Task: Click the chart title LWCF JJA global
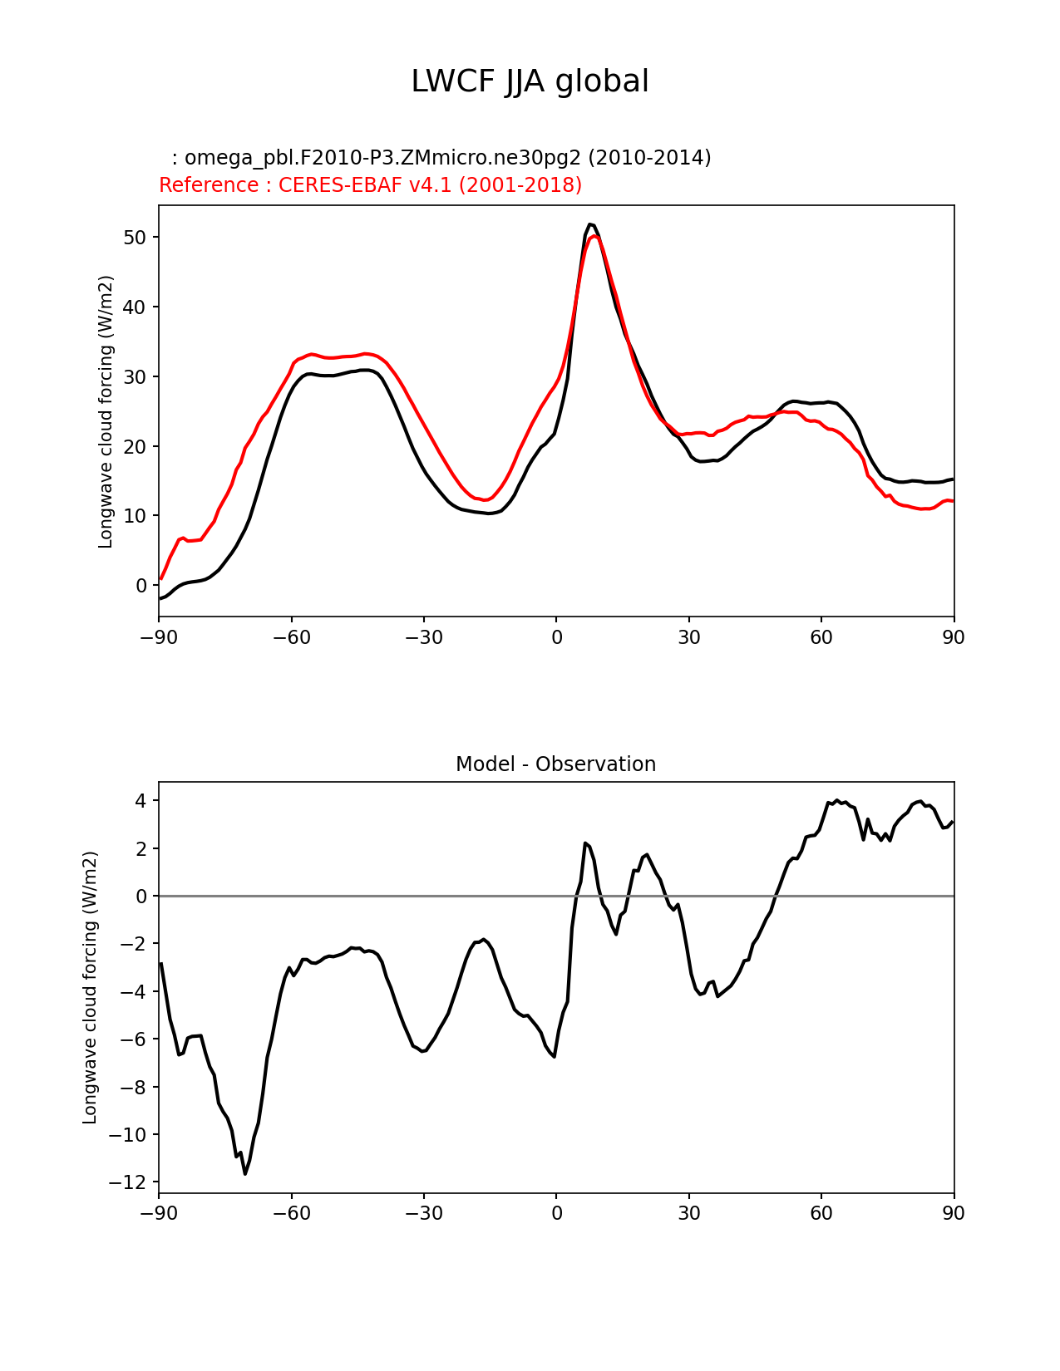[530, 81]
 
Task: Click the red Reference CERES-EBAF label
[370, 185]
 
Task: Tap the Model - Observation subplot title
[555, 764]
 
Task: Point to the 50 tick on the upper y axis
[136, 238]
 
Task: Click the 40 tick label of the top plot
[136, 307]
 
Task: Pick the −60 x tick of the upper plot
[291, 637]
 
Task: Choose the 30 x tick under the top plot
[688, 637]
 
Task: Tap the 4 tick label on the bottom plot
[141, 801]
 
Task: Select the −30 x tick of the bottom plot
[423, 1213]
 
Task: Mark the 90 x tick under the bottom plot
[954, 1213]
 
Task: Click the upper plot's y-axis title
[106, 411]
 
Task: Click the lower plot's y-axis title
[90, 987]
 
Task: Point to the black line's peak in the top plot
[590, 224]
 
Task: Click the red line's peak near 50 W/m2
[594, 237]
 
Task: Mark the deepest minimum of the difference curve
[245, 1173]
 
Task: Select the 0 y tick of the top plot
[141, 586]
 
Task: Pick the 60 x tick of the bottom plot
[821, 1213]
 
